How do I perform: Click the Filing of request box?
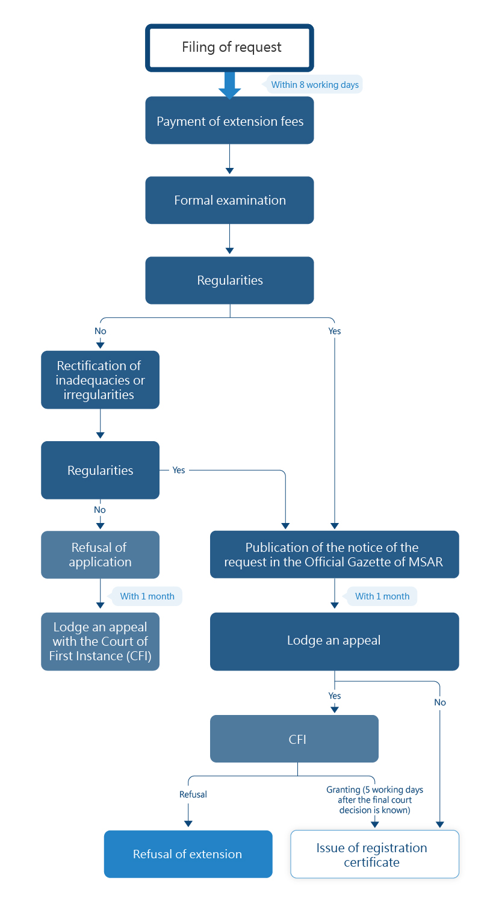[229, 47]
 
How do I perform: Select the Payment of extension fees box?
[229, 121]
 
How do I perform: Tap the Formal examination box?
[229, 200]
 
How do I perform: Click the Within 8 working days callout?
[314, 85]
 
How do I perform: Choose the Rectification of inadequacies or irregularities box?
[100, 380]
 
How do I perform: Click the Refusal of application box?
[100, 555]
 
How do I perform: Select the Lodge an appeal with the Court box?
[100, 642]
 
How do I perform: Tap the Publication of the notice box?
[334, 555]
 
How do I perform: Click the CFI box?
[294, 739]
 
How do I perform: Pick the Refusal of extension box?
[188, 854]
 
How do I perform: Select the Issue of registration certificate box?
[374, 855]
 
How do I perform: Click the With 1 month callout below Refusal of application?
[147, 596]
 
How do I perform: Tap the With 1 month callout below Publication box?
[382, 596]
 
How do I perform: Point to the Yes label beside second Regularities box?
[179, 470]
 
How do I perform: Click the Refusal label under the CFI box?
[193, 794]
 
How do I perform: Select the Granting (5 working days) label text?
[374, 800]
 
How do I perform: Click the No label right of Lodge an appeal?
[440, 702]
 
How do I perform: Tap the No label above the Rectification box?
[100, 331]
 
